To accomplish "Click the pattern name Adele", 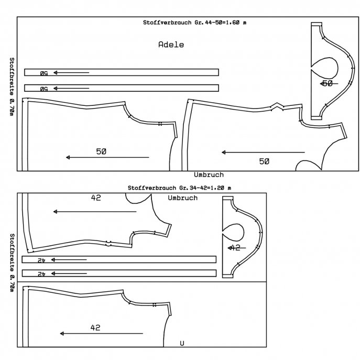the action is pyautogui.click(x=171, y=45).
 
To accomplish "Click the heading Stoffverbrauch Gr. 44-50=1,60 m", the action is pyautogui.click(x=195, y=23).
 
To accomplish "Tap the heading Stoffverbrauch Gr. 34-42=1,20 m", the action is pyautogui.click(x=179, y=188).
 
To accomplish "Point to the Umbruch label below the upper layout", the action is pyautogui.click(x=209, y=174).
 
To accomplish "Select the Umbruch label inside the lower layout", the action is pyautogui.click(x=183, y=198).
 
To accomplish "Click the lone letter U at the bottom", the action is pyautogui.click(x=182, y=343).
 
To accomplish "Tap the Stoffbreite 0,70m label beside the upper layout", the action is pyautogui.click(x=12, y=87).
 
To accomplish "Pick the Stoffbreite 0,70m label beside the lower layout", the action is pyautogui.click(x=12, y=263).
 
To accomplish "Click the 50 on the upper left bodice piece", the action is pyautogui.click(x=101, y=151).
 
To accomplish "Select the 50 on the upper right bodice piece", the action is pyautogui.click(x=264, y=161).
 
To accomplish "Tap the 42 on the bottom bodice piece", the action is pyautogui.click(x=95, y=328).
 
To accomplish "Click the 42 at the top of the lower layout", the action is pyautogui.click(x=96, y=198).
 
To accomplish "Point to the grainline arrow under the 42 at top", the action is pyautogui.click(x=95, y=212).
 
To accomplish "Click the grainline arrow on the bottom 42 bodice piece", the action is pyautogui.click(x=101, y=334).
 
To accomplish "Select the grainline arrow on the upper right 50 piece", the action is pyautogui.click(x=263, y=152).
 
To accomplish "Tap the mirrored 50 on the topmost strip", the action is pyautogui.click(x=44, y=73).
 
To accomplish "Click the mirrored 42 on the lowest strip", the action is pyautogui.click(x=41, y=274).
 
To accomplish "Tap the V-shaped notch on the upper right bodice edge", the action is pyautogui.click(x=277, y=105).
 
